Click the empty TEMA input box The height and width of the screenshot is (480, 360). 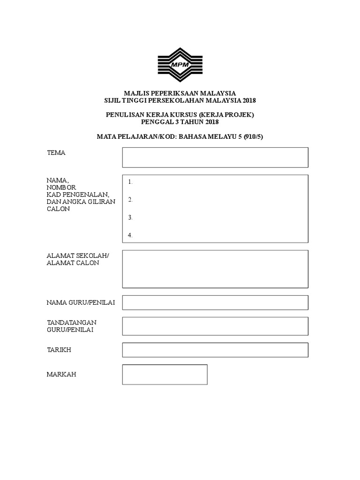click(215, 157)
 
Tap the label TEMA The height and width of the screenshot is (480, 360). click(56, 153)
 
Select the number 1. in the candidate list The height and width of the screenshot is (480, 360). click(130, 182)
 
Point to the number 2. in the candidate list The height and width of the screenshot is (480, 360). click(130, 200)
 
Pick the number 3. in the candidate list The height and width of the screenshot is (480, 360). click(130, 217)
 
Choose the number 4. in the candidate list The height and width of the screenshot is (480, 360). click(130, 235)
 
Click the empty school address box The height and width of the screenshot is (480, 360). click(215, 269)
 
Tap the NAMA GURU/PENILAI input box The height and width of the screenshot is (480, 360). click(215, 302)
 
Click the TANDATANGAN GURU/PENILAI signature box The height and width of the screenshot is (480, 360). click(215, 326)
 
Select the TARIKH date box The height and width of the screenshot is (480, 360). click(215, 350)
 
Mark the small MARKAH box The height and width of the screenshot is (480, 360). click(165, 375)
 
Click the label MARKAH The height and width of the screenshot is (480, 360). click(61, 375)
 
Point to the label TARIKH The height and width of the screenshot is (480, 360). click(59, 350)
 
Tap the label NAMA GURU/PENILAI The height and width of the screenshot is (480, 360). click(81, 303)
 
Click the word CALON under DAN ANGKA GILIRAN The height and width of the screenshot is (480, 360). click(58, 209)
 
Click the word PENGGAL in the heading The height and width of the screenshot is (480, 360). click(157, 122)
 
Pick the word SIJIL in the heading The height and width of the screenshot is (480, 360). click(112, 100)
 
